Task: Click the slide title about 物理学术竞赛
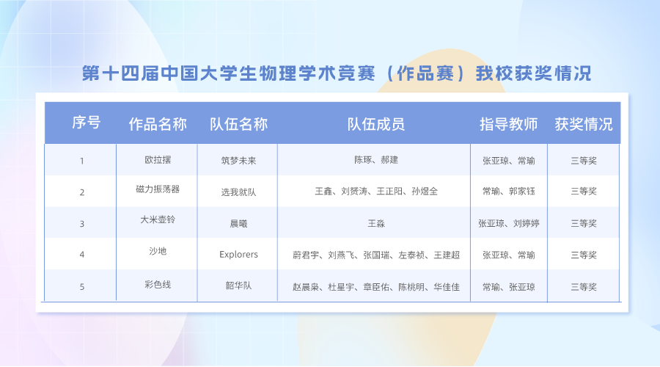(337, 73)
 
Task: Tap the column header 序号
(87, 123)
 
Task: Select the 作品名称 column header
(158, 124)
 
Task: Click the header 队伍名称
(238, 124)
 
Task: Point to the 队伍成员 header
(376, 124)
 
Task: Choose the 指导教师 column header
(508, 124)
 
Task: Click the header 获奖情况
(584, 124)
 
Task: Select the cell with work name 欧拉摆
(158, 160)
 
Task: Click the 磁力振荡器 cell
(158, 189)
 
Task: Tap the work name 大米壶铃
(158, 219)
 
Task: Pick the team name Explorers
(238, 255)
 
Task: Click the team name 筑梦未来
(238, 161)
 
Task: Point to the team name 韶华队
(238, 286)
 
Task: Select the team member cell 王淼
(376, 223)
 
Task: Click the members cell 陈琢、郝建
(376, 160)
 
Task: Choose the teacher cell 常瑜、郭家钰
(509, 192)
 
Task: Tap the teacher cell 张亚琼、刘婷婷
(509, 223)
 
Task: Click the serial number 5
(82, 287)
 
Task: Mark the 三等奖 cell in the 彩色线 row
(584, 287)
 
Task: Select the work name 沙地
(158, 251)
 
